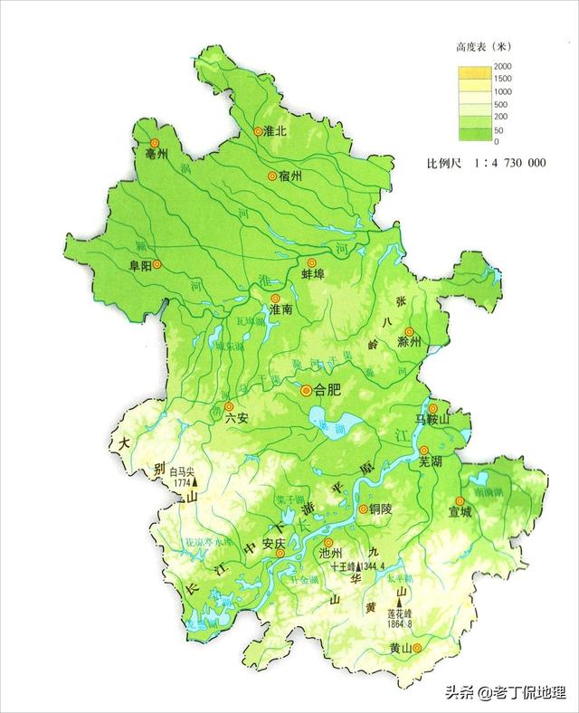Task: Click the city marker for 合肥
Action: click(x=306, y=390)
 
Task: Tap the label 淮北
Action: click(x=275, y=131)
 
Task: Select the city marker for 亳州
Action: click(x=153, y=143)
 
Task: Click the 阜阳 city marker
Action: click(x=157, y=264)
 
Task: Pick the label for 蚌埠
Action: click(x=312, y=274)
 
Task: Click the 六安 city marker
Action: click(x=229, y=406)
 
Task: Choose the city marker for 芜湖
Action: click(x=423, y=450)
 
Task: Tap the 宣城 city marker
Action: click(x=460, y=500)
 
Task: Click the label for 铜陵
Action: click(x=383, y=509)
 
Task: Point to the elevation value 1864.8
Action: click(x=398, y=623)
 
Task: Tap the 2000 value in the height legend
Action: click(x=502, y=68)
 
